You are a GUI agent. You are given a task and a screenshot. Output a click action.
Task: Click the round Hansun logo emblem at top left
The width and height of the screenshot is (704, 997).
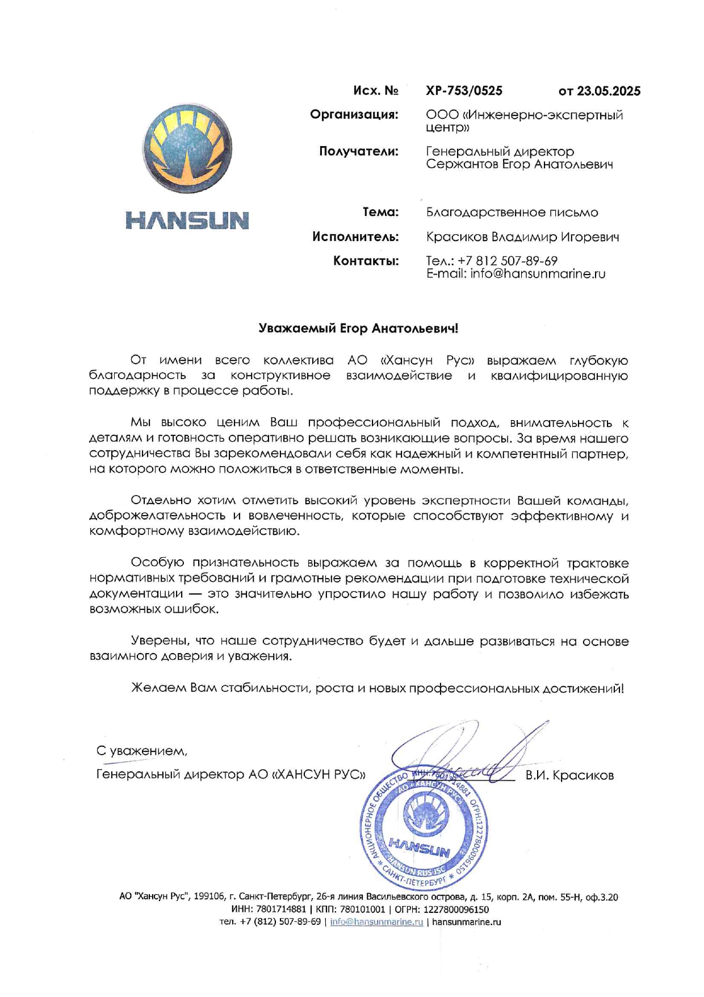click(187, 149)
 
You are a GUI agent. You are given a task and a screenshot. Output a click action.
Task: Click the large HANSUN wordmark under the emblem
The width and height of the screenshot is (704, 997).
click(187, 221)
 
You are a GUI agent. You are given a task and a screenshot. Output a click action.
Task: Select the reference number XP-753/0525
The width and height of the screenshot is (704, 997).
click(464, 91)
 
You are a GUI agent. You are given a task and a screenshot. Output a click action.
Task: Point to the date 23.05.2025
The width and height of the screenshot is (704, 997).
click(609, 91)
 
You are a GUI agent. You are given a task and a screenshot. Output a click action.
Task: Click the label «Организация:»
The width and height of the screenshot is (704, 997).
click(354, 115)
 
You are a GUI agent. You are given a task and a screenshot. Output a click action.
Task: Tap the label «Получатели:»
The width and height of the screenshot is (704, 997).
click(358, 151)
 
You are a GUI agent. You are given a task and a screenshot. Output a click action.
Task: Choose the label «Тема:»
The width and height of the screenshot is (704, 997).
click(380, 212)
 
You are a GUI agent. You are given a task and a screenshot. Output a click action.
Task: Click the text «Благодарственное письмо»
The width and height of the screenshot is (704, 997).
click(512, 213)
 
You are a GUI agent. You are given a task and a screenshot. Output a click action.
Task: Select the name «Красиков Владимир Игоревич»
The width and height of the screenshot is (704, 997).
click(522, 236)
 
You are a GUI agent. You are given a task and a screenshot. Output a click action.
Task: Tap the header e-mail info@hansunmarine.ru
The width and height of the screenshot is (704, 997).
click(537, 274)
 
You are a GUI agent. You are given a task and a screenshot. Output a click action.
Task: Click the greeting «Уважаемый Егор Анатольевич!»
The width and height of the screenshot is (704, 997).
click(358, 329)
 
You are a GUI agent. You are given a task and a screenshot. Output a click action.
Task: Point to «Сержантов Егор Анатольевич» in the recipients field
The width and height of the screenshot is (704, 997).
click(519, 165)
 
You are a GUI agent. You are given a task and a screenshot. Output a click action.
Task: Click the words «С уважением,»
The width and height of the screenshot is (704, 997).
click(142, 751)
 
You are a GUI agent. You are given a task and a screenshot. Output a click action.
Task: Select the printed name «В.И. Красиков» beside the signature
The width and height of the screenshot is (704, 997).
click(569, 775)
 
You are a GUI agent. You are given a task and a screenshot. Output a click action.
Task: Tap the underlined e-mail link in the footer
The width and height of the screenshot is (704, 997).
click(376, 922)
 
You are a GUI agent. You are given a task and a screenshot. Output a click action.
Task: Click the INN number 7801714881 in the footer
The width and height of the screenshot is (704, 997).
click(280, 909)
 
